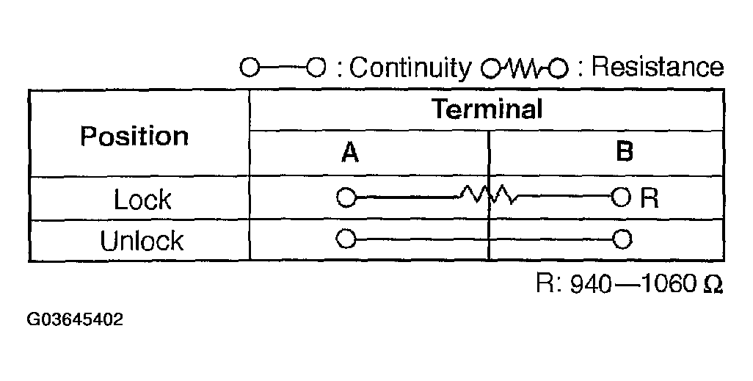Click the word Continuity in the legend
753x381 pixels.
(410, 68)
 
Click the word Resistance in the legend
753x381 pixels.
(657, 68)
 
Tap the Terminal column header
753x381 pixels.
(487, 109)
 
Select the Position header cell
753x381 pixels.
(134, 136)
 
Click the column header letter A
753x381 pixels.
(350, 152)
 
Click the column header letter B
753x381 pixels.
(624, 152)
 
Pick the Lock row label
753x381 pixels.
(142, 200)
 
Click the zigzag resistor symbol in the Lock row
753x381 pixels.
(487, 196)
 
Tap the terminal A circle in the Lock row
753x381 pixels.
(346, 197)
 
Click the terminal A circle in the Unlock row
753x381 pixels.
(346, 239)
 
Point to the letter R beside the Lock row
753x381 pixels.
(650, 198)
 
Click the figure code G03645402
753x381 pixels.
(76, 321)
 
